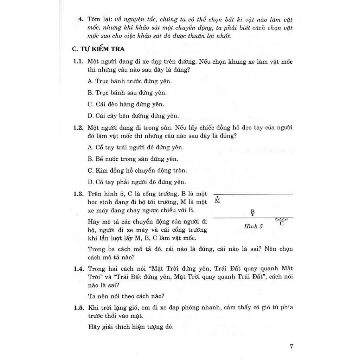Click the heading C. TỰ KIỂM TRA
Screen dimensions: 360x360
[x=99, y=50]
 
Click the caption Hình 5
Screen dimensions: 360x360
[x=253, y=226]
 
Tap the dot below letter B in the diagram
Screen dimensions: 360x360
[x=253, y=215]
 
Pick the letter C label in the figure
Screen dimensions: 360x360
[x=282, y=223]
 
